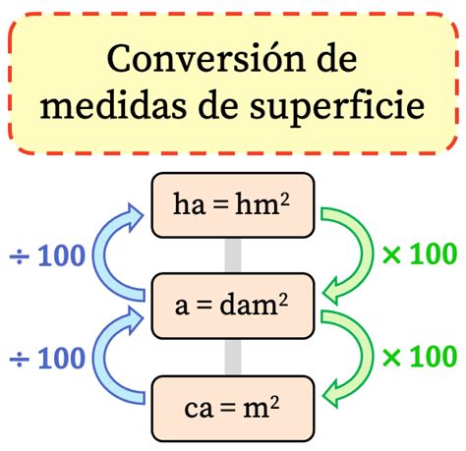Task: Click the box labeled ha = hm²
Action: point(231,205)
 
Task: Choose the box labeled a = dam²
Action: point(231,306)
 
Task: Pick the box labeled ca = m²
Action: point(231,406)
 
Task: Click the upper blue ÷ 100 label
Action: point(46,258)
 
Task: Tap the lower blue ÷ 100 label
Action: point(46,359)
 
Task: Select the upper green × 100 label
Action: point(418,256)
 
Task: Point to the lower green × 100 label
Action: point(418,357)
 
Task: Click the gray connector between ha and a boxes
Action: point(232,255)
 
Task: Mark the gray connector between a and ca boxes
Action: point(232,356)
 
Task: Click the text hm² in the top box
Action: point(262,204)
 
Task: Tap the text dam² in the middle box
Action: point(255,306)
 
